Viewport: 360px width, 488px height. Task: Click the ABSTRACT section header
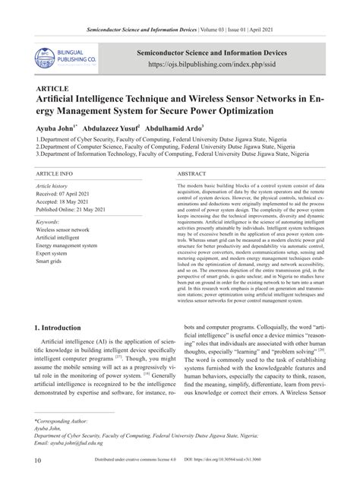pyautogui.click(x=193, y=174)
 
